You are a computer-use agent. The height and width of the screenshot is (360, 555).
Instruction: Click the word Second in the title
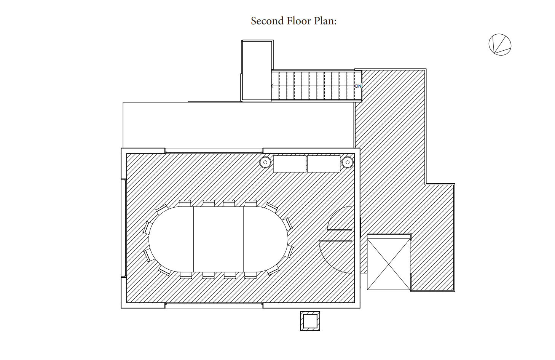coord(267,21)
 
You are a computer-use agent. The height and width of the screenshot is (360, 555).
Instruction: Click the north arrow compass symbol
coord(499,45)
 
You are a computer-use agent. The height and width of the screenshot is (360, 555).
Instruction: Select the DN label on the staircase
coord(358,86)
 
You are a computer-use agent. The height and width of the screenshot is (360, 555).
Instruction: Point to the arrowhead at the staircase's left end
coord(273,86)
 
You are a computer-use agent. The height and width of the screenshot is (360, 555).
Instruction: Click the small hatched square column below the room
coord(310,321)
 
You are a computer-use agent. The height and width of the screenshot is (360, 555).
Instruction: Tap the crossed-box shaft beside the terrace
coord(389,262)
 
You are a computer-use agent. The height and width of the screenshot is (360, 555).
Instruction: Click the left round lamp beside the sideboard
coord(265,162)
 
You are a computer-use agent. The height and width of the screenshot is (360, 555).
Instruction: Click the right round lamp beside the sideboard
coord(347,162)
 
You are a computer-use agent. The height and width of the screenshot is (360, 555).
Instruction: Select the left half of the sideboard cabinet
coord(290,163)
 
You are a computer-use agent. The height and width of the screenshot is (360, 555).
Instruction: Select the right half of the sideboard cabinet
coord(324,163)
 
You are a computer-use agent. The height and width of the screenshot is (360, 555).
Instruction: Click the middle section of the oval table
coord(218,239)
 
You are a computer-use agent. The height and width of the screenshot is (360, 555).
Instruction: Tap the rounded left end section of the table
coord(171,239)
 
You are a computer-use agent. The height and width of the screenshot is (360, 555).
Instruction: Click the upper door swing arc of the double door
coord(341,219)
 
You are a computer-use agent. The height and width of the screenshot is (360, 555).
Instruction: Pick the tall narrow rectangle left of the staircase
coord(257,71)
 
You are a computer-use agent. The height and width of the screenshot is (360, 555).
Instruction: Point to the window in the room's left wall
coord(123,228)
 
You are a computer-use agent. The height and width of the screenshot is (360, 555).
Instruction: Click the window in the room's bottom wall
coord(214,305)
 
